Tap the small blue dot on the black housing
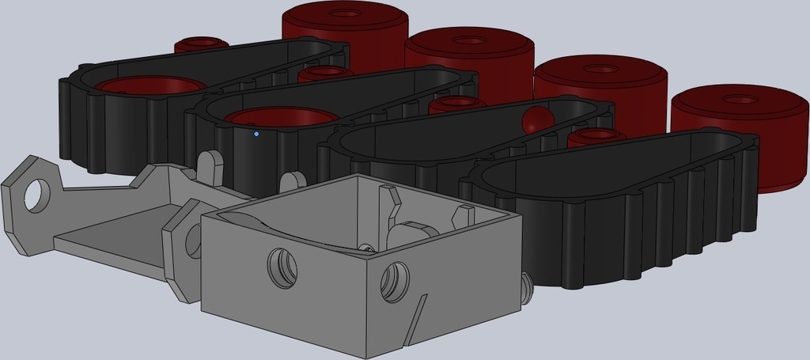click(x=256, y=134)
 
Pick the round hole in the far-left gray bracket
click(x=35, y=195)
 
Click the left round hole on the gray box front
click(x=282, y=267)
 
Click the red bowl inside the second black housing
click(x=280, y=118)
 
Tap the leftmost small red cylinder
click(x=201, y=44)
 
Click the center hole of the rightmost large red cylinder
click(x=740, y=100)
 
